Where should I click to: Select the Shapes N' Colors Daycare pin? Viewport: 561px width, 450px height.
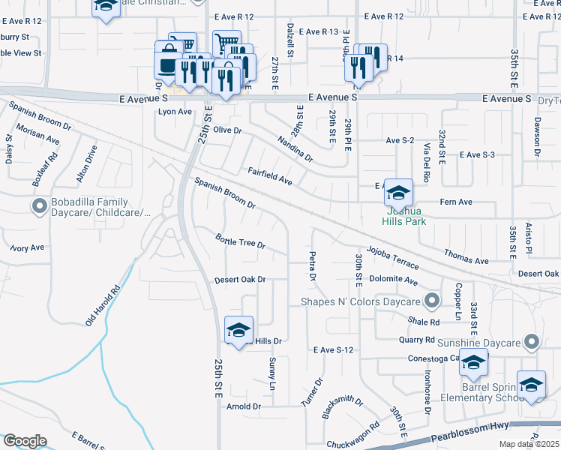click(431, 301)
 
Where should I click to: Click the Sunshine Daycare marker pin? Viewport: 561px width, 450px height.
click(531, 343)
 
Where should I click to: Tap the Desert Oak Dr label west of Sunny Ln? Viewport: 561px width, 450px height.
click(240, 280)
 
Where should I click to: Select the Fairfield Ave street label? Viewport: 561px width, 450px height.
click(270, 177)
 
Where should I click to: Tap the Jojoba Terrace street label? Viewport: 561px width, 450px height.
click(392, 257)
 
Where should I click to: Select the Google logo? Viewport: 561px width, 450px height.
click(25, 441)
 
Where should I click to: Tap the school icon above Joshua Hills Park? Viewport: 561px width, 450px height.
click(398, 193)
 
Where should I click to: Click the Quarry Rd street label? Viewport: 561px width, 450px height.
click(418, 340)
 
